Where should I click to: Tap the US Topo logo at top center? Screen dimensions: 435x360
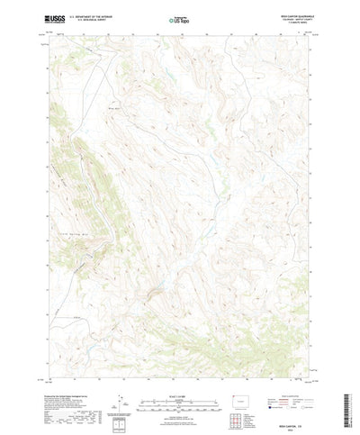[180, 19]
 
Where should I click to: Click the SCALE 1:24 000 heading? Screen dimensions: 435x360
[180, 367]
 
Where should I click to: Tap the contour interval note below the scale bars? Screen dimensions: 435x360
[180, 390]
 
